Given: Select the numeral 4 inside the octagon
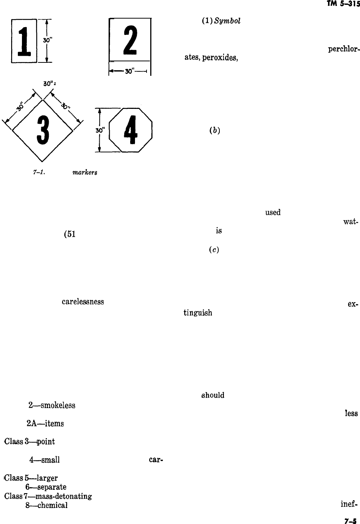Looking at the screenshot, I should tap(130, 130).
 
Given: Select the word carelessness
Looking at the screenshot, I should tap(83, 302).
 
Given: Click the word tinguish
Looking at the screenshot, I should tap(197, 313).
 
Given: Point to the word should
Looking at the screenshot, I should tap(213, 395).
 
